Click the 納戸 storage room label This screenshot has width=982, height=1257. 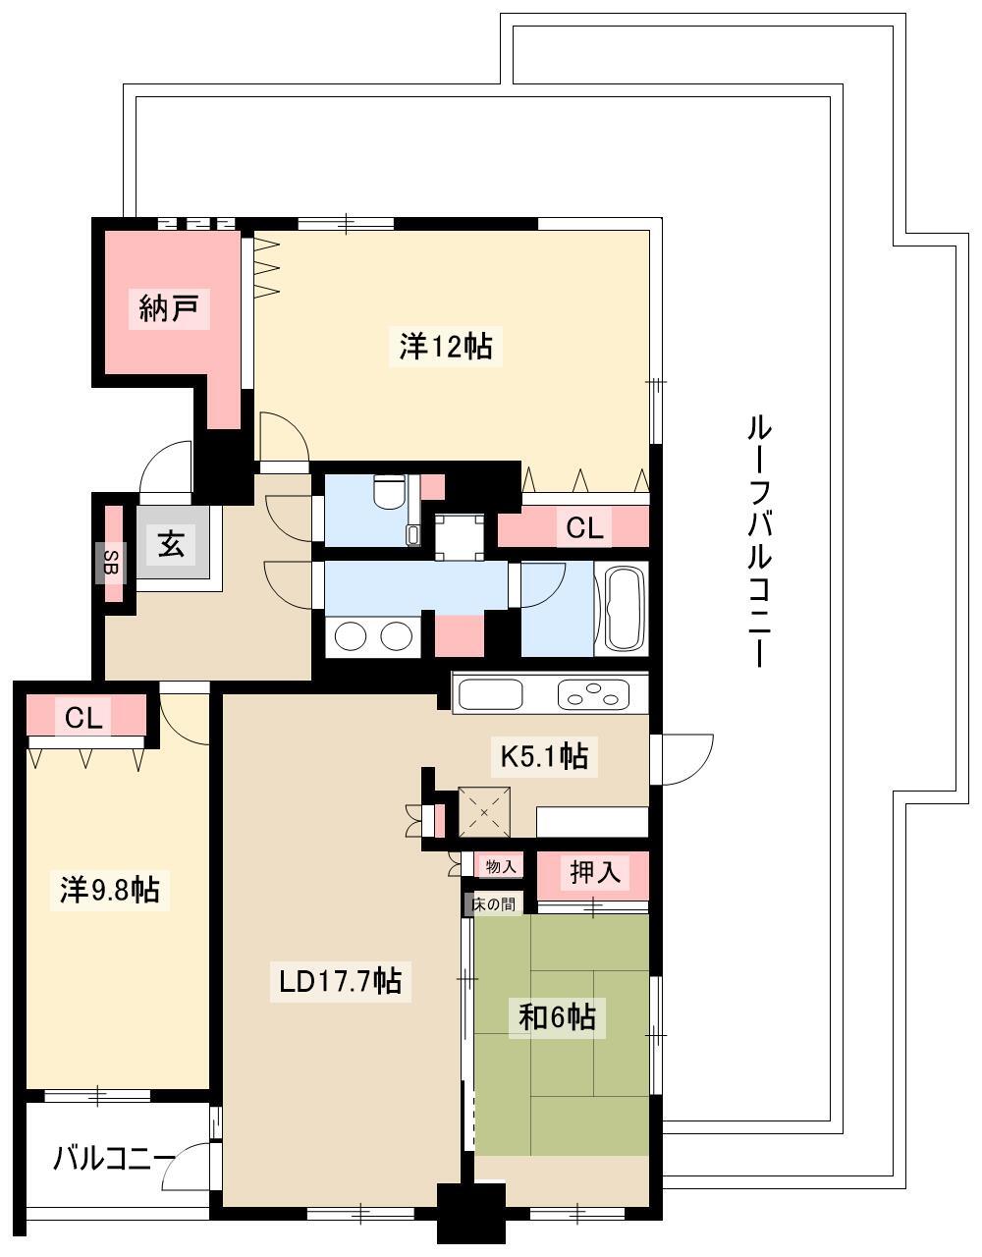coord(169,307)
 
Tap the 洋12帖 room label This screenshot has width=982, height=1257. coord(446,347)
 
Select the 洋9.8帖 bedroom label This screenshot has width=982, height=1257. coord(110,891)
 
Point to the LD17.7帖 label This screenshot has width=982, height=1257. coord(340,981)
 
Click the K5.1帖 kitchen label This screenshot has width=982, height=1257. coord(544,755)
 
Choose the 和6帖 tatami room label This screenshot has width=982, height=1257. coord(557,1017)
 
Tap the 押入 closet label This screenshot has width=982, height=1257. coord(595,872)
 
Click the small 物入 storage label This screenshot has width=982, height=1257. coord(500,867)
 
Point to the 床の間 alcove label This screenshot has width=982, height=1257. coord(493,904)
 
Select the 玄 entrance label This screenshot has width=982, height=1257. coord(172,544)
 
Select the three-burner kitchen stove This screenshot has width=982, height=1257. coord(594,694)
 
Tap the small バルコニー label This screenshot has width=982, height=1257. coord(115,1159)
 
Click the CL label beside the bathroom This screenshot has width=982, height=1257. coord(584,527)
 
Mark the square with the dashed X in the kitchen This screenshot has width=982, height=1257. coord(485,811)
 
